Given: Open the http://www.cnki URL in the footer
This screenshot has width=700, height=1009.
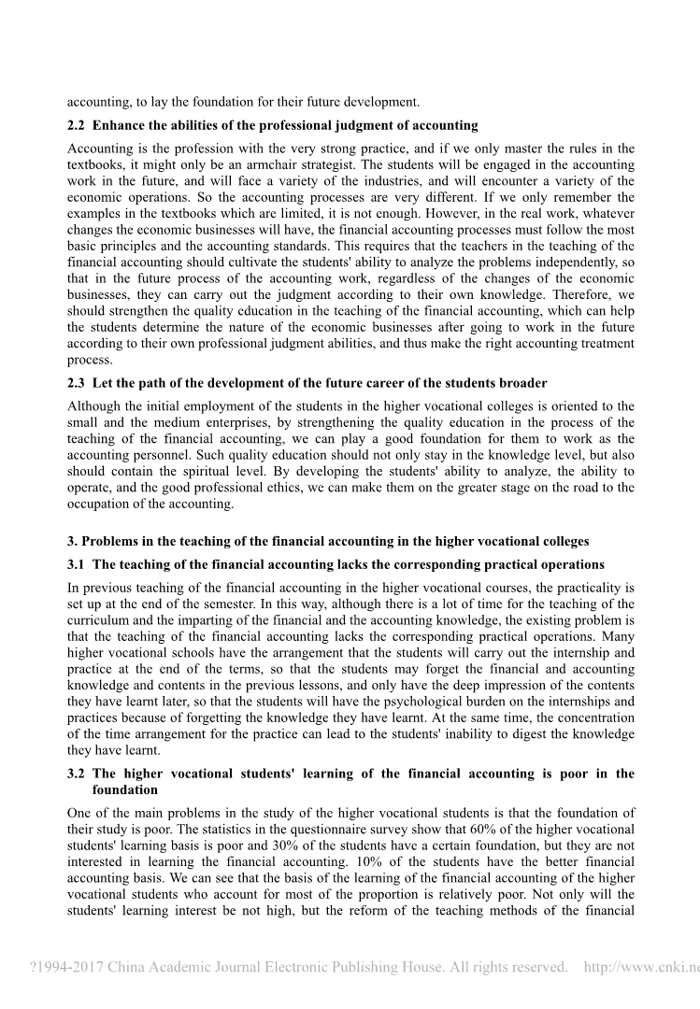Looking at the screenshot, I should [x=641, y=967].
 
